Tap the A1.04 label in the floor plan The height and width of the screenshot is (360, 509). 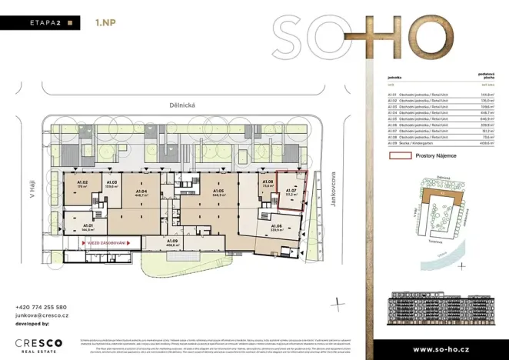point(142,192)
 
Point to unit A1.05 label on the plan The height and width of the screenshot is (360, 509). point(218,192)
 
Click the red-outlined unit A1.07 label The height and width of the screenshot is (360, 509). point(292,192)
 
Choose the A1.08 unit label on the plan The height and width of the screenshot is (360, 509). point(268,183)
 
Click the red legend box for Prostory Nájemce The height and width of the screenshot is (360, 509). point(401,155)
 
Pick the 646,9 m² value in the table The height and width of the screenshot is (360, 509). point(486,119)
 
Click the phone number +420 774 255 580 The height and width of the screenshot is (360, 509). point(41,307)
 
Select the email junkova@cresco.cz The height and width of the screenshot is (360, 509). point(42,315)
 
